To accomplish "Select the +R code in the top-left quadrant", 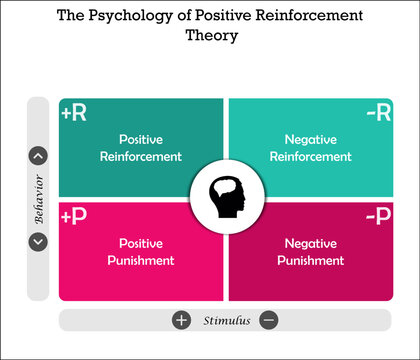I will (74, 113).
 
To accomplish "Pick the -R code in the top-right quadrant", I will (377, 113).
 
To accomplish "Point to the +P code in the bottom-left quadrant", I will (74, 217).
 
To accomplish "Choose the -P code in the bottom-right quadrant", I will (377, 217).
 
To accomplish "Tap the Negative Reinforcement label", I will (311, 148).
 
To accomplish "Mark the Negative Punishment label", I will (311, 252).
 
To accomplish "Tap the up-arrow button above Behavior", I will (38, 155).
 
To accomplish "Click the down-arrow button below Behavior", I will (38, 241).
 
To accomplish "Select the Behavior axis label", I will (38, 198).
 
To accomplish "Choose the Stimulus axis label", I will (225, 321).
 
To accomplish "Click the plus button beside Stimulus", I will (181, 320).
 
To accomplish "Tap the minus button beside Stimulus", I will (269, 320).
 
